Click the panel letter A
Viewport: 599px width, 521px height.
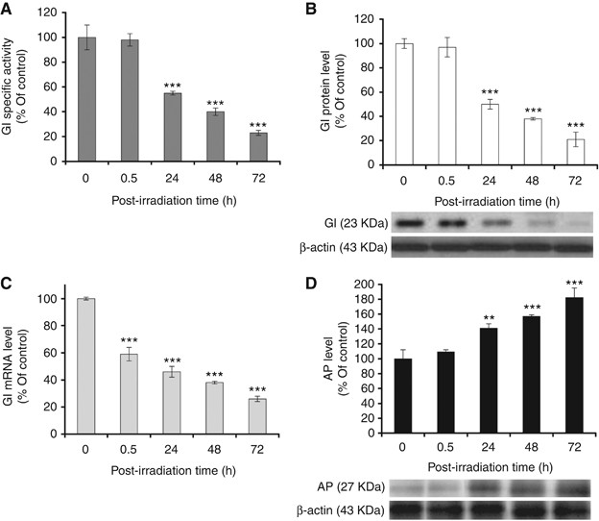point(9,10)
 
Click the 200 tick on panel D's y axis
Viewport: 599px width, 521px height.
point(347,286)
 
